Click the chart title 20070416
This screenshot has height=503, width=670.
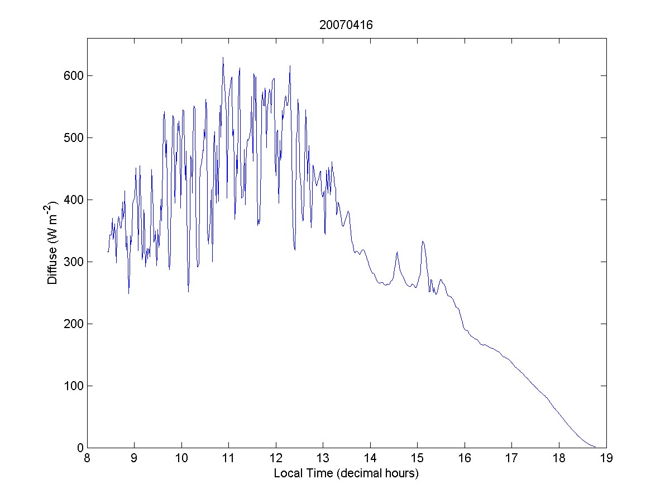point(346,25)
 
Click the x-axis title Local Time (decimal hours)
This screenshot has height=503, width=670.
point(346,473)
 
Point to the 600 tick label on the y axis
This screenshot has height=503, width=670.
point(73,75)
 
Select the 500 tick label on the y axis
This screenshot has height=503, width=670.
point(73,137)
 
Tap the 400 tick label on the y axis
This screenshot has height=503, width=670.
point(73,200)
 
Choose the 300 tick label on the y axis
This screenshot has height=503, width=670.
point(73,262)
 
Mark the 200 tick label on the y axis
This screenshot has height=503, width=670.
point(73,324)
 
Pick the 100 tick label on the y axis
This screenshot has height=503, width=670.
point(73,386)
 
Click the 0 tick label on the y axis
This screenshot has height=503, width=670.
point(79,448)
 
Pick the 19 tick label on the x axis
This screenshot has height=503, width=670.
point(606,458)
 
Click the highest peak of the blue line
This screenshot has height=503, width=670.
point(223,57)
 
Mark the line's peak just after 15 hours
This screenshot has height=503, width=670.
point(423,241)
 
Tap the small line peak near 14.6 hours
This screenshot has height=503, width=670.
point(397,252)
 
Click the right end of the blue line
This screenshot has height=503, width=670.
point(595,447)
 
